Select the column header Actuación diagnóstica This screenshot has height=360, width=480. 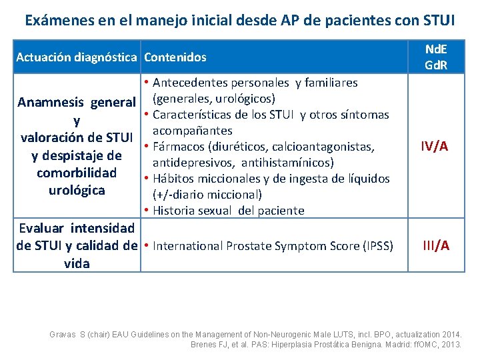(x=77, y=57)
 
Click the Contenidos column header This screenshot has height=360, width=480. (x=175, y=57)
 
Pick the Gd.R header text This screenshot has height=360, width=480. (x=436, y=65)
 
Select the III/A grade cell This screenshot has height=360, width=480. (x=436, y=245)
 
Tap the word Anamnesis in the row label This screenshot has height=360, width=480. (x=50, y=103)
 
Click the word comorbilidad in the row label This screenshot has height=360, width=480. (x=77, y=173)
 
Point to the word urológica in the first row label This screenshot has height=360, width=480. (x=77, y=190)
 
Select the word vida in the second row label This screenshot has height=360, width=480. (x=77, y=263)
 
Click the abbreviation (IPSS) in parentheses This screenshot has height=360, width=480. (x=377, y=246)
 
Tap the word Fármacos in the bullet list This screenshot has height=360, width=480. (x=178, y=147)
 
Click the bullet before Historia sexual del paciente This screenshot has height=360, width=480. (x=146, y=211)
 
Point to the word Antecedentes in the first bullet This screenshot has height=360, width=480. (x=189, y=83)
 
